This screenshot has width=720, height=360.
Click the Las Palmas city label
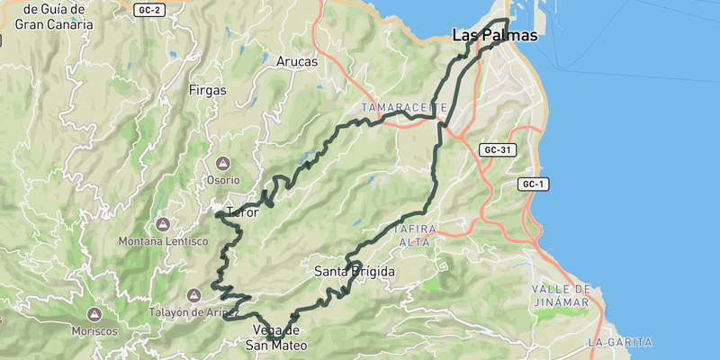(493, 37)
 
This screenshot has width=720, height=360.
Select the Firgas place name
(208, 90)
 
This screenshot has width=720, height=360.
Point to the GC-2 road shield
(150, 10)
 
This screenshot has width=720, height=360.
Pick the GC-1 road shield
(534, 184)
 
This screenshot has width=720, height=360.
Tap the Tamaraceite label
(404, 107)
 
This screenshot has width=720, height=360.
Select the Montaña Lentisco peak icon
(163, 224)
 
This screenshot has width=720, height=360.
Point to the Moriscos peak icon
(94, 314)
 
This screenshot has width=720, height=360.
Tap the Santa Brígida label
(355, 271)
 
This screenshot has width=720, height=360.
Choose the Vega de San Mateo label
(276, 337)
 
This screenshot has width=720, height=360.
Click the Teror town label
(243, 213)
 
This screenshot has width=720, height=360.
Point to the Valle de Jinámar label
(561, 295)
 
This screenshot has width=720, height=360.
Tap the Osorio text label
(223, 180)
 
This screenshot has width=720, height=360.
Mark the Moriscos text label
(94, 331)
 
